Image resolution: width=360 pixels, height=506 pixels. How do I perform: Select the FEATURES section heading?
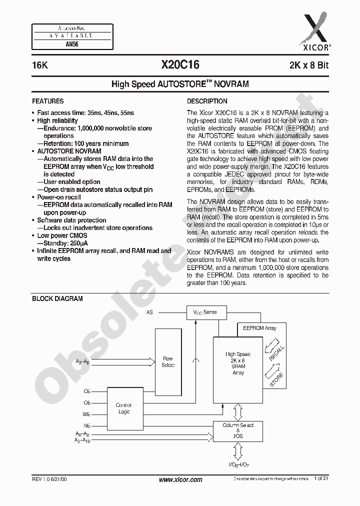47,101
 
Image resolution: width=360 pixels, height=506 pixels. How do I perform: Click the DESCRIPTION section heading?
206,101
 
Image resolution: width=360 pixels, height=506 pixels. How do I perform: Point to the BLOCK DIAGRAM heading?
57,299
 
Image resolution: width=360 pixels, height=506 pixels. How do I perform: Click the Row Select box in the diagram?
168,361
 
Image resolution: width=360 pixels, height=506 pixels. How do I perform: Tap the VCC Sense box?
205,312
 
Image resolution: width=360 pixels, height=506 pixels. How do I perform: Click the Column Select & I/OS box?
238,430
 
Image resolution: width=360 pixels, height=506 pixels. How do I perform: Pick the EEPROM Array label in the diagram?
259,328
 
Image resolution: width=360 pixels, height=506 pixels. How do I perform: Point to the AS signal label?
149,312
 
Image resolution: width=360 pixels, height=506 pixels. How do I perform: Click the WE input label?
86,414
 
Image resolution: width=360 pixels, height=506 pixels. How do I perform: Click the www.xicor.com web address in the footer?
180,479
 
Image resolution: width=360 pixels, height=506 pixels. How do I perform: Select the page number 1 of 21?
321,479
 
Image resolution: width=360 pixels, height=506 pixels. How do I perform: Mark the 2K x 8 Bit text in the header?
308,65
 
